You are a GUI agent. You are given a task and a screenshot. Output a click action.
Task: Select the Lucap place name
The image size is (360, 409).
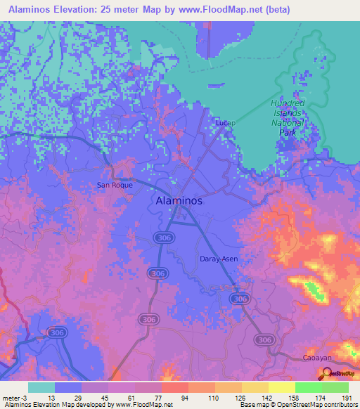(x=225, y=123)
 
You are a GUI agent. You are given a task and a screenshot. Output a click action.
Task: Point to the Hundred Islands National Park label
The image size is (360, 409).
(x=288, y=113)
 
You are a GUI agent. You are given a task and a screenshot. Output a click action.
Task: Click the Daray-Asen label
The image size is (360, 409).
(x=219, y=259)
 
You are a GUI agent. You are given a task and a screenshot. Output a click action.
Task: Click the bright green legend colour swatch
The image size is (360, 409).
(x=309, y=387)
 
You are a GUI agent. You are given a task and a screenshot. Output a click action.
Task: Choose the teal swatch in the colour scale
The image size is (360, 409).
(x=41, y=387)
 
